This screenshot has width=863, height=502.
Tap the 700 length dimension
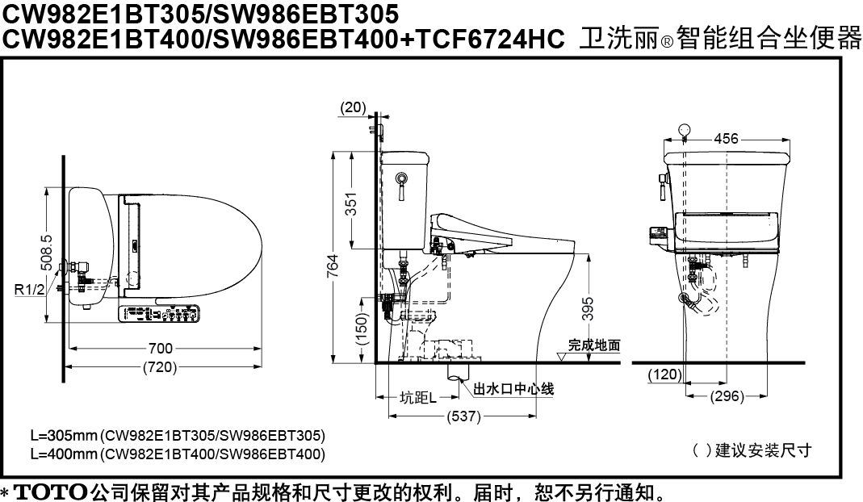tap(160, 348)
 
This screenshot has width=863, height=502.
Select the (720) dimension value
tap(160, 367)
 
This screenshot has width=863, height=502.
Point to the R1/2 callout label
tap(29, 290)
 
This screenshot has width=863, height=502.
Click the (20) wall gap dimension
tap(353, 107)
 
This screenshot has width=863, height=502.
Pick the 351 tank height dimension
tap(351, 203)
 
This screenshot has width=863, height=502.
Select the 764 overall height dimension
tap(333, 266)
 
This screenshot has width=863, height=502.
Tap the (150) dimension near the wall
tap(361, 328)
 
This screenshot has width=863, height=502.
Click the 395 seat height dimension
tap(588, 309)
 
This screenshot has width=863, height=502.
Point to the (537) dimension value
tap(463, 416)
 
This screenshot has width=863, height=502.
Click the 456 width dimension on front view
tap(726, 139)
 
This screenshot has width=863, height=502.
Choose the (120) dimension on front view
tap(665, 374)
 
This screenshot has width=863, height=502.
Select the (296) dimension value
tap(727, 396)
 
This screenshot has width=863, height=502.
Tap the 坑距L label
tap(417, 397)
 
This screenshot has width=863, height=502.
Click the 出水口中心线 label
tap(513, 389)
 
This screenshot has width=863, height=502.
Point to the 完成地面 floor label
tap(594, 345)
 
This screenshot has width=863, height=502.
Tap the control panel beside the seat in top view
tap(158, 314)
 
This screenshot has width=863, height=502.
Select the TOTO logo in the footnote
tap(50, 492)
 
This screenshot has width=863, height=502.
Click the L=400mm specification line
tap(178, 454)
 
